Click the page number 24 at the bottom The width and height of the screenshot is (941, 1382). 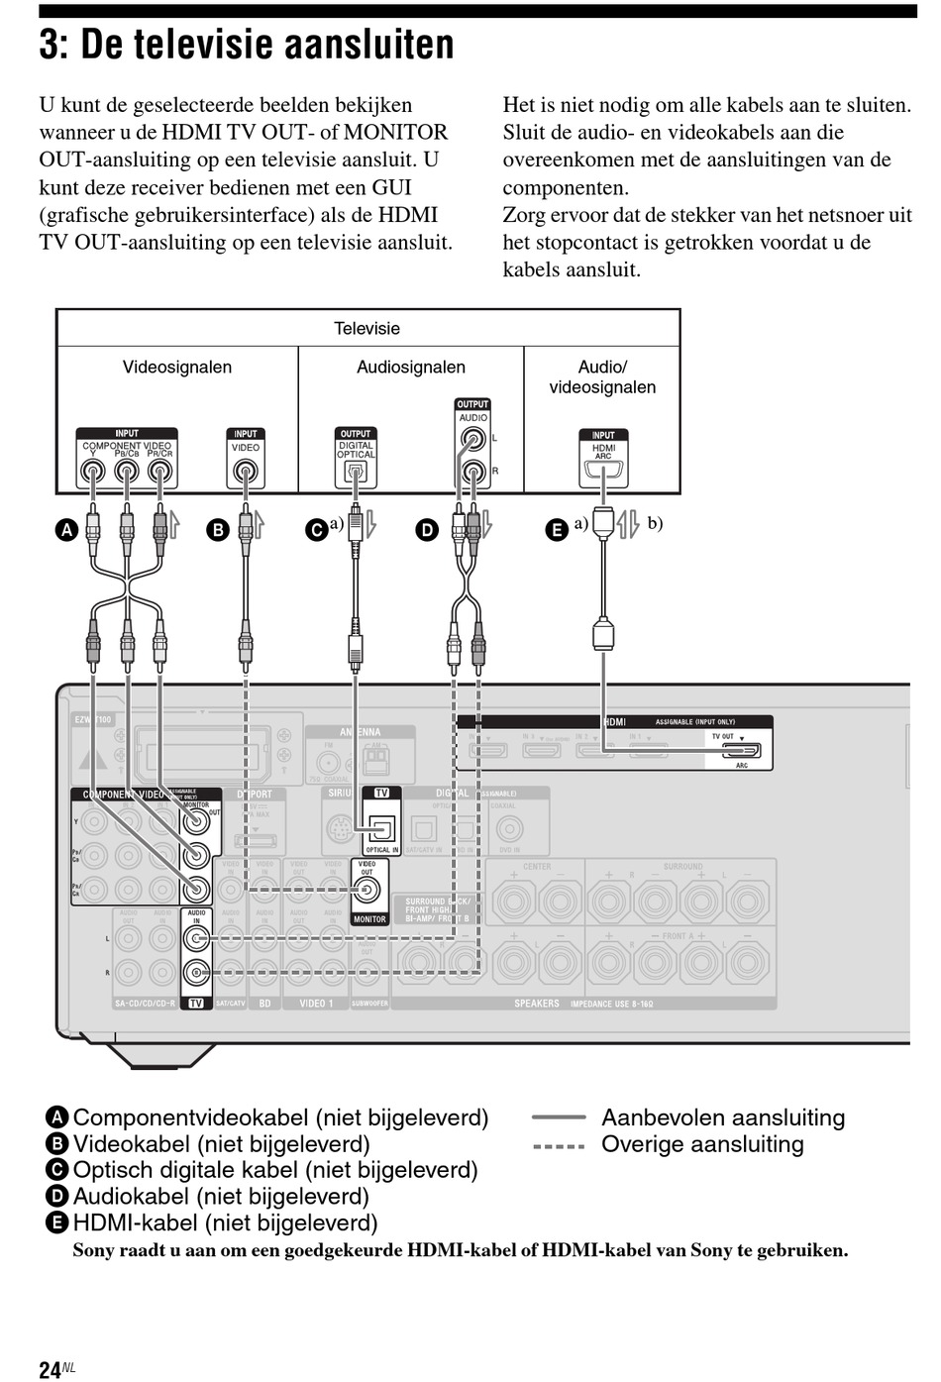click(50, 1369)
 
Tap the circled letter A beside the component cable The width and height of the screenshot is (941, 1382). click(65, 530)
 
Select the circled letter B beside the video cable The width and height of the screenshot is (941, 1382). click(217, 530)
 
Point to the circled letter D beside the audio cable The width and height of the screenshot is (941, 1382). click(426, 530)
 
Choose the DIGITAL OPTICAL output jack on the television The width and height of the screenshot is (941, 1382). click(355, 473)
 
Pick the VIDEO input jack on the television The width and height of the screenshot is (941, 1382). click(245, 473)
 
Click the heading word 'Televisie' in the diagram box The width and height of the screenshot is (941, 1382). click(366, 329)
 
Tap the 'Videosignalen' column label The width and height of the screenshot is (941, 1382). click(177, 368)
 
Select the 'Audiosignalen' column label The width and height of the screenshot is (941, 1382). click(410, 368)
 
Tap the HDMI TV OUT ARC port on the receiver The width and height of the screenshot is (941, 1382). click(741, 751)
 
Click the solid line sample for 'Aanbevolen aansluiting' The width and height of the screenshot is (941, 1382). click(559, 1117)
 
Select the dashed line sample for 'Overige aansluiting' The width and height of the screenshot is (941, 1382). click(559, 1145)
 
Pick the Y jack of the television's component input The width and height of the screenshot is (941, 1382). click(93, 473)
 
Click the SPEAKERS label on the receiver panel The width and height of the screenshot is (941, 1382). click(537, 1004)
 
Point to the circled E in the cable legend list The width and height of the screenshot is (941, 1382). click(57, 1223)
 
